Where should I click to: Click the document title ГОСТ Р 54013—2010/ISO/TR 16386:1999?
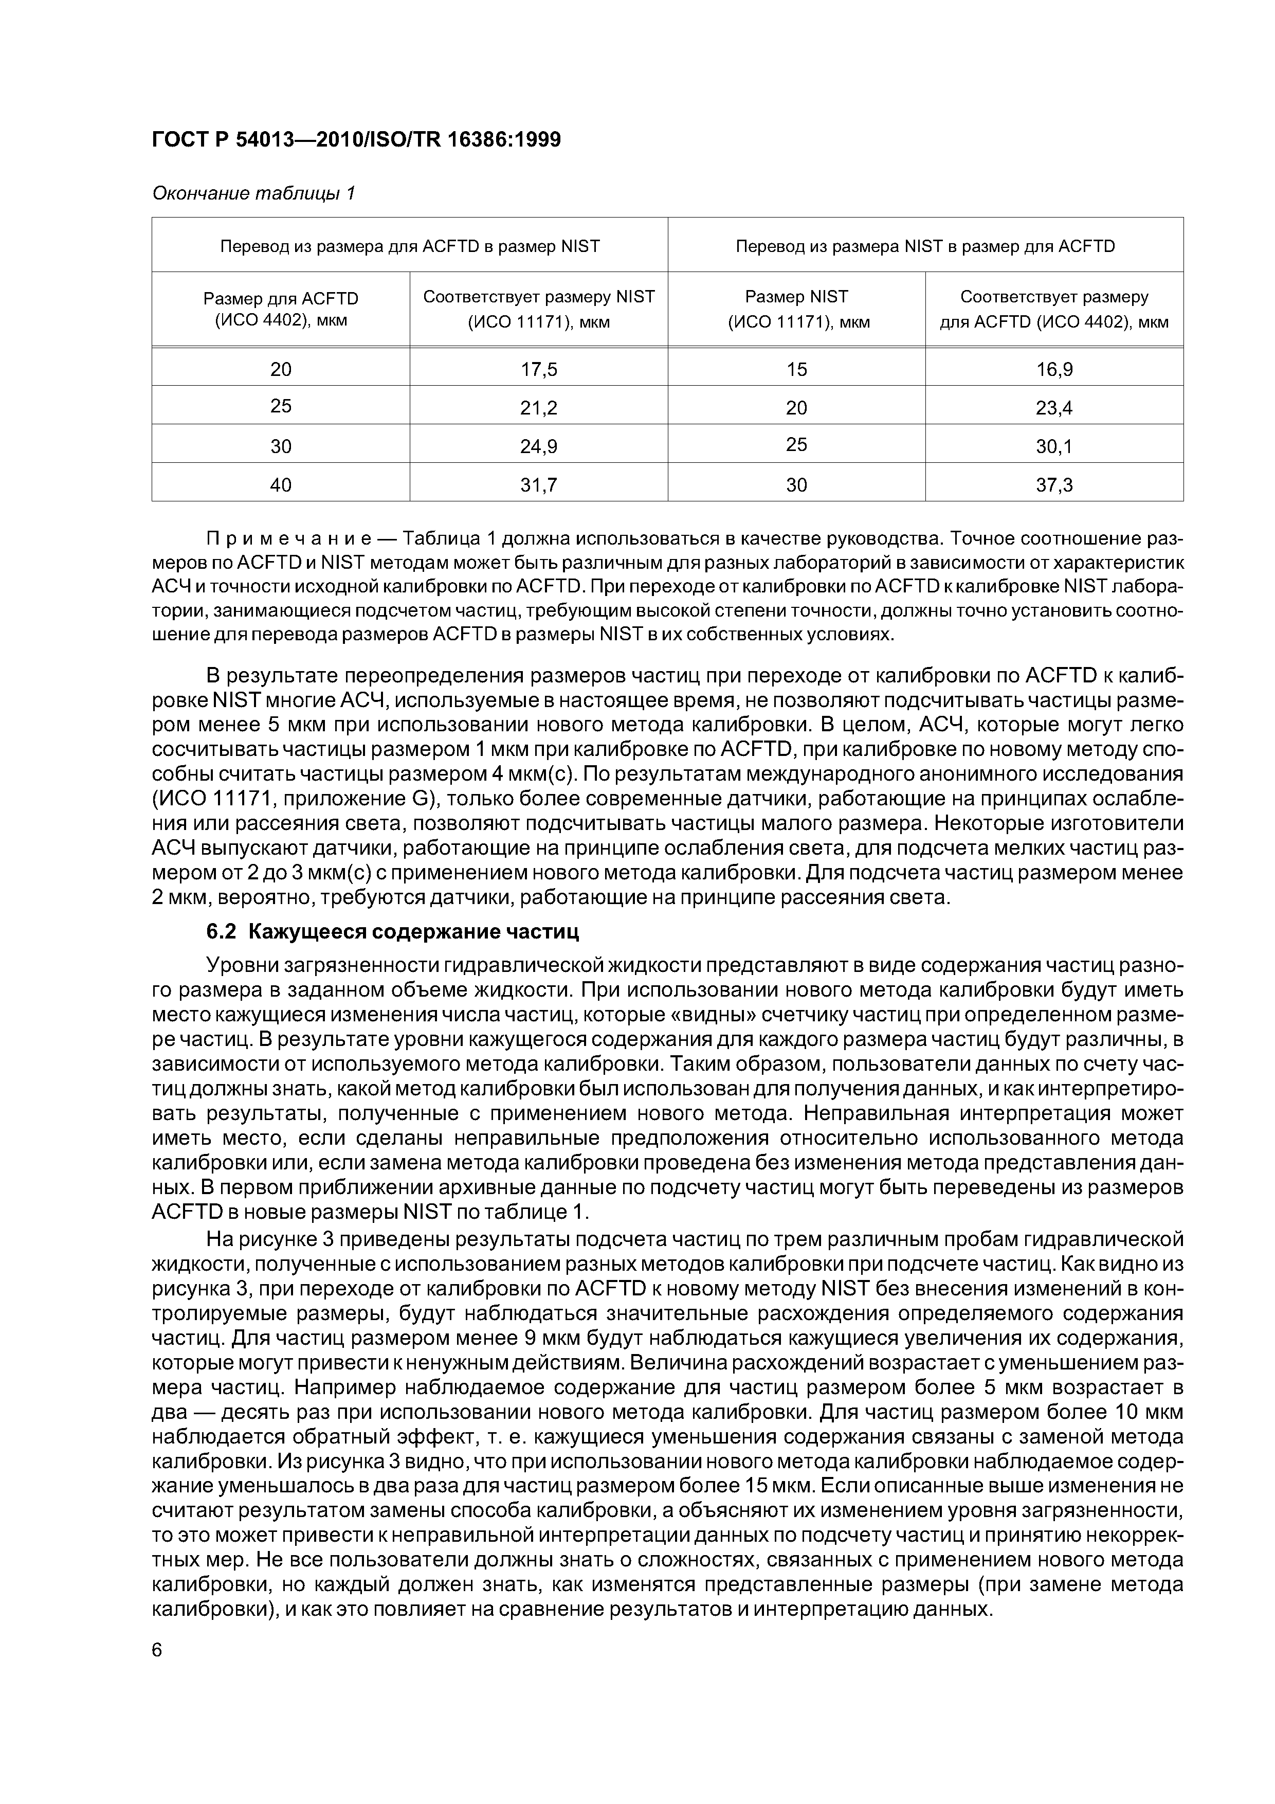(356, 140)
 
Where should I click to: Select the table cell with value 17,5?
(538, 369)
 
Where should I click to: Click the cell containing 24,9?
(538, 446)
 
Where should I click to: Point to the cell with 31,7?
(538, 485)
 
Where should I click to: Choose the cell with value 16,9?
(1054, 369)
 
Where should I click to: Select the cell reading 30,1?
(1054, 446)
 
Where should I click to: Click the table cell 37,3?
(1054, 485)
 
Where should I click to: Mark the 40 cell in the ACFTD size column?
(281, 485)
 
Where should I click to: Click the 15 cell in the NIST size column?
(796, 369)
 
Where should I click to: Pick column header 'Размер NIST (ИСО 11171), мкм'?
(796, 309)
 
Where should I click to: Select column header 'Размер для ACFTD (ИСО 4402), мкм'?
(281, 309)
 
